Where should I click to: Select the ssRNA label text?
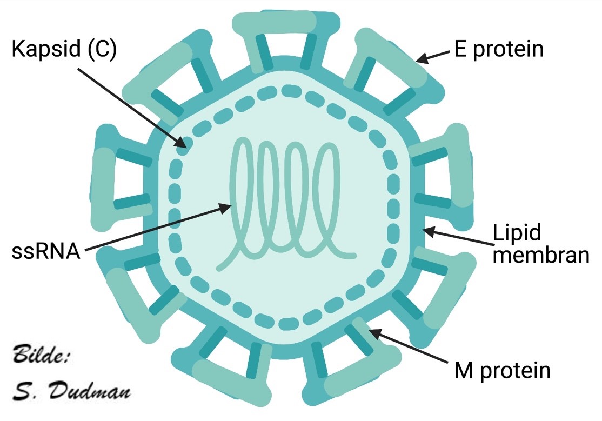[45, 251]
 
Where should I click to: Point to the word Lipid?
[517, 233]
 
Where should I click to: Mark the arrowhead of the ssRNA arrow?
[228, 206]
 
